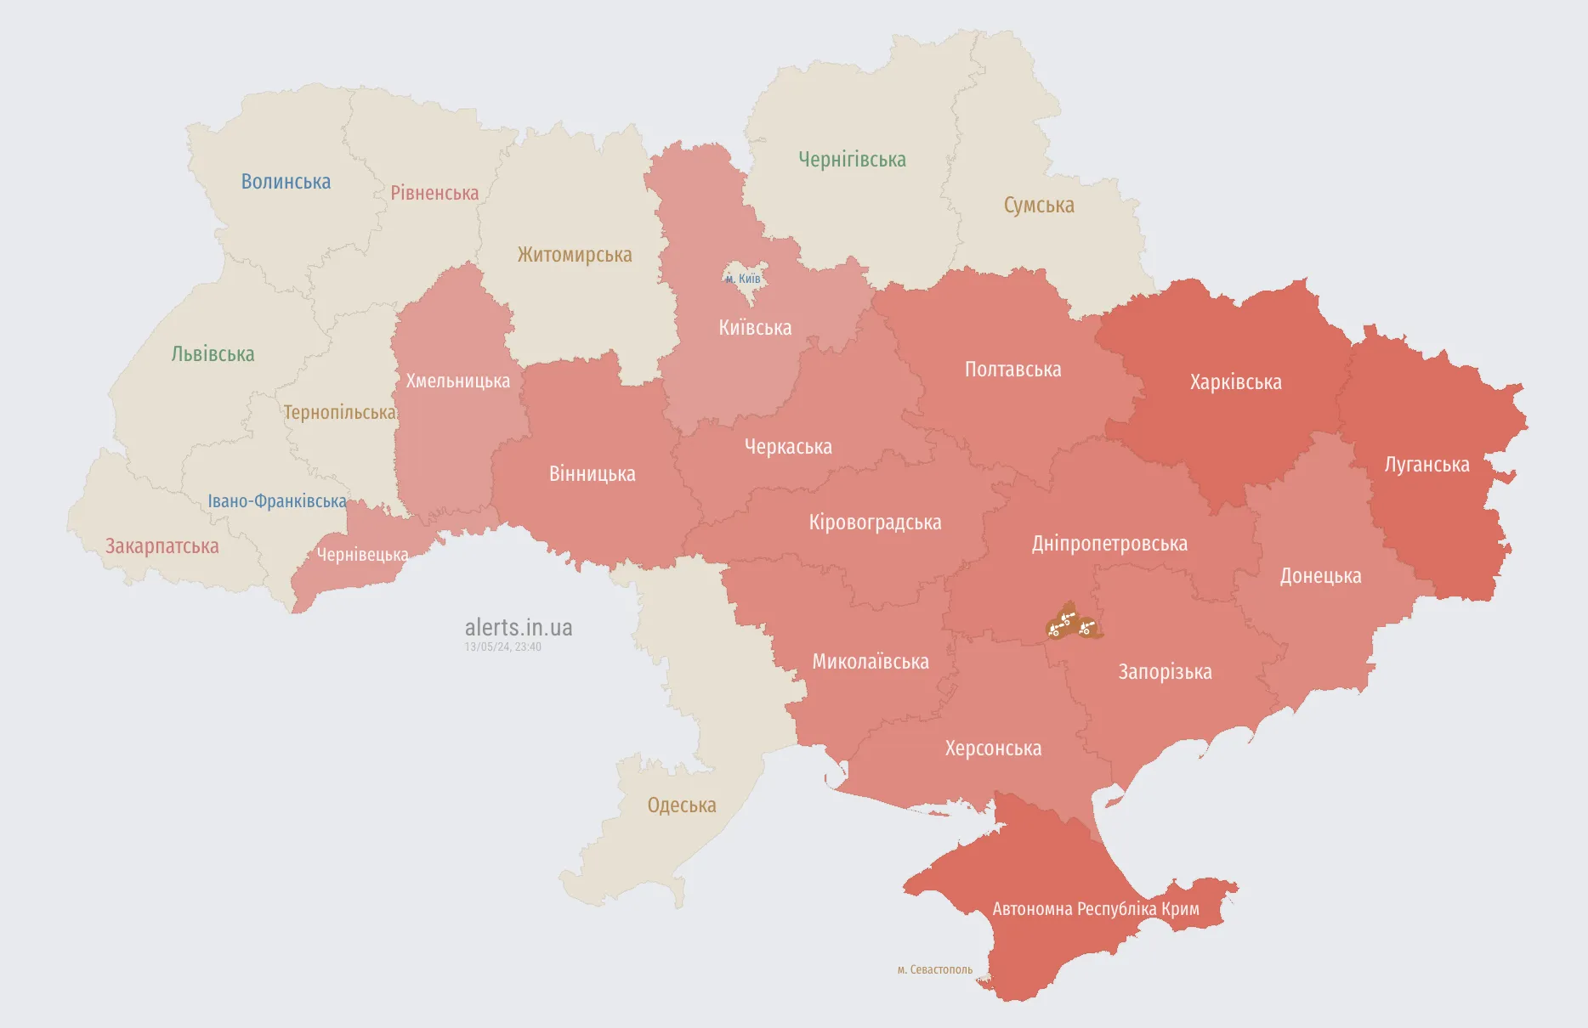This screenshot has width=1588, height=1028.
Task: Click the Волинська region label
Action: click(286, 182)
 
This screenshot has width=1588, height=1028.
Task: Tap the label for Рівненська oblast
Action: click(434, 194)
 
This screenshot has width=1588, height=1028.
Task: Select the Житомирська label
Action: click(575, 255)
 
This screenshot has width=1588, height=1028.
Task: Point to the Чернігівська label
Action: click(852, 160)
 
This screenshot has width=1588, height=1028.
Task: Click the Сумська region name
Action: click(1039, 206)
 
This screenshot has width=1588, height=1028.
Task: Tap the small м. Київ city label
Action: click(743, 279)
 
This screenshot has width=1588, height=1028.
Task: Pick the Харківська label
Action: click(1235, 382)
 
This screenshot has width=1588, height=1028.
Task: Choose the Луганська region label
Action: click(1426, 465)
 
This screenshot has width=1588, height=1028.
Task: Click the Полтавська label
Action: click(1012, 370)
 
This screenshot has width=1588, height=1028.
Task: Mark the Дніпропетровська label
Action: click(1109, 544)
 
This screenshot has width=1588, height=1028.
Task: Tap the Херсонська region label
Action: click(993, 748)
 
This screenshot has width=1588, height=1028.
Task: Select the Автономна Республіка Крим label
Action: click(1096, 909)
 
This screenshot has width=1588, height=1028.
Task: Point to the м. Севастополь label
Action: click(934, 969)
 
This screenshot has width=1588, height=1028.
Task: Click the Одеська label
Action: click(682, 805)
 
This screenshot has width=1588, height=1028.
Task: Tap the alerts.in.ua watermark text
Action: click(519, 628)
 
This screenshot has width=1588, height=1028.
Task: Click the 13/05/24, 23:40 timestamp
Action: click(502, 647)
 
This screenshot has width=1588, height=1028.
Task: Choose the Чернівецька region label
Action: click(362, 555)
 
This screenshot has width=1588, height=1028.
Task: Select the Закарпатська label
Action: click(162, 546)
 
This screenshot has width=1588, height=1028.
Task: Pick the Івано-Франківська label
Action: click(277, 501)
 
